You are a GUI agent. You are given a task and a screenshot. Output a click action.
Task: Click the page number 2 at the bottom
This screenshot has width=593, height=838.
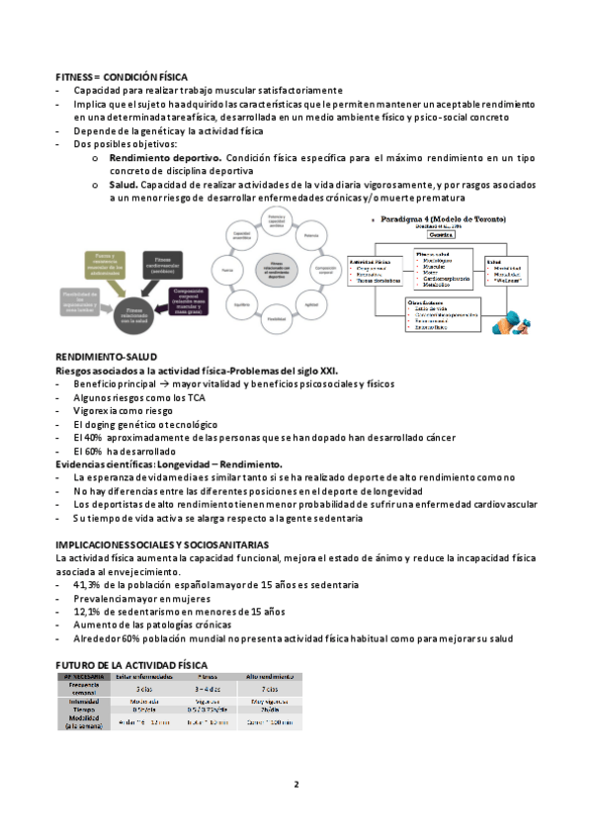(296, 786)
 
